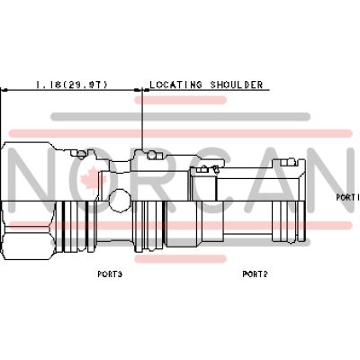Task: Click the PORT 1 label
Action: pyautogui.click(x=347, y=197)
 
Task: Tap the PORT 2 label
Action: pyautogui.click(x=255, y=274)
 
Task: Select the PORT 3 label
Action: pyautogui.click(x=110, y=274)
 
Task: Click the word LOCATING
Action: pyautogui.click(x=175, y=85)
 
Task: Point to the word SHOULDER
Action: pyautogui.click(x=237, y=85)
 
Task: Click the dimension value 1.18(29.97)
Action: pyautogui.click(x=71, y=85)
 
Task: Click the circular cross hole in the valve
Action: pyautogui.click(x=120, y=201)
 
